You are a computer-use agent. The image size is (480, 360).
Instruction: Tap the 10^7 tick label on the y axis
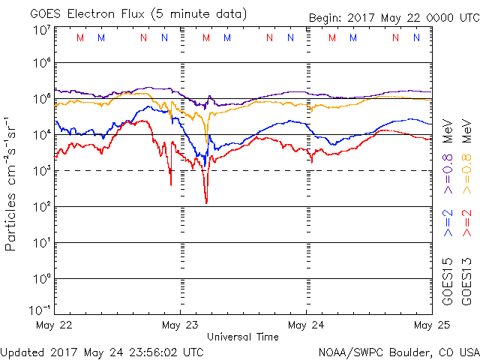point(42,29)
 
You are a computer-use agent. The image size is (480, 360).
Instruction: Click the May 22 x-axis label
point(54,325)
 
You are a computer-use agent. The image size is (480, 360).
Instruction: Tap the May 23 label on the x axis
point(180,325)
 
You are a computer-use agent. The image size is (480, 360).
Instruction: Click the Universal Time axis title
point(243,337)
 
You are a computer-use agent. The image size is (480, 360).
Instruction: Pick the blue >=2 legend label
point(448,223)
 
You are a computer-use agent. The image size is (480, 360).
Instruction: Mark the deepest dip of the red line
point(206,202)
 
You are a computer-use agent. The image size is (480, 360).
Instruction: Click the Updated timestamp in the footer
point(103,351)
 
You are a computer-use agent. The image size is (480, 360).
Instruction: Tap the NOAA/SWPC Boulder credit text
point(397,351)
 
